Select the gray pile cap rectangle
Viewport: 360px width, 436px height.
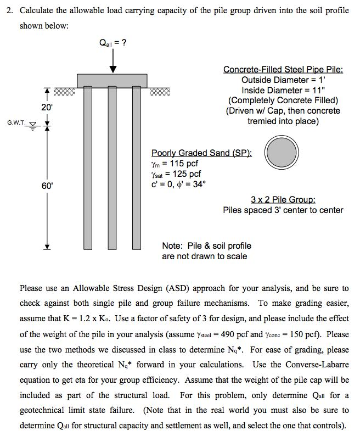pyautogui.click(x=112, y=80)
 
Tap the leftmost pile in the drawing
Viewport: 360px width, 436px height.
pyautogui.click(x=88, y=165)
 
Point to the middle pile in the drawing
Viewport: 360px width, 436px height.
pyautogui.click(x=113, y=165)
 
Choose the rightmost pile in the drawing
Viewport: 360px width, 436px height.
pyautogui.click(x=136, y=165)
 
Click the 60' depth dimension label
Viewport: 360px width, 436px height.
pyautogui.click(x=47, y=186)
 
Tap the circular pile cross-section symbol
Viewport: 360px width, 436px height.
pyautogui.click(x=282, y=152)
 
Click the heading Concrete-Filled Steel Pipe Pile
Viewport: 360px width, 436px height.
pyautogui.click(x=283, y=70)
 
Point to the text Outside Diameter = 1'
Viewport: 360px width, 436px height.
pyautogui.click(x=283, y=80)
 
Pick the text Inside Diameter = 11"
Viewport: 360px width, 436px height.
pyautogui.click(x=283, y=90)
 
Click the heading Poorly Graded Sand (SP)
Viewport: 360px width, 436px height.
pyautogui.click(x=201, y=153)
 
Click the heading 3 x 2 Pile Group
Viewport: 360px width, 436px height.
pyautogui.click(x=283, y=200)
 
